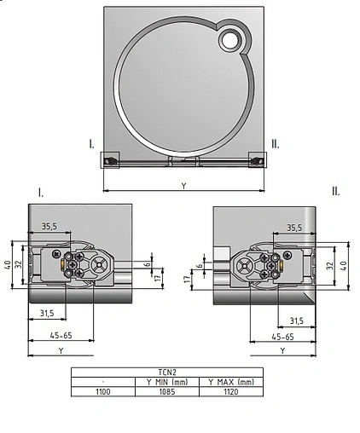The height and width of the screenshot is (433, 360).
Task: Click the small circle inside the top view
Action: coord(230,39)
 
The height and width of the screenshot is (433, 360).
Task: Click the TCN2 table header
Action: coord(166,372)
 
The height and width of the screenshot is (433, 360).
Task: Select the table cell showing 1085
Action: coord(166,391)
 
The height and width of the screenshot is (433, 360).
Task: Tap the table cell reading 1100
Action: coord(102,391)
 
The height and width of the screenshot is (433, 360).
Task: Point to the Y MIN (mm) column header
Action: coord(166,382)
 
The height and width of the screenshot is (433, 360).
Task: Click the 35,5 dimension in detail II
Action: coord(294,228)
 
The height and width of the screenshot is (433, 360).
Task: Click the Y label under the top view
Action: coord(183,185)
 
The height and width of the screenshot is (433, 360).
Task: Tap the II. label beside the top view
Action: coord(274,144)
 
